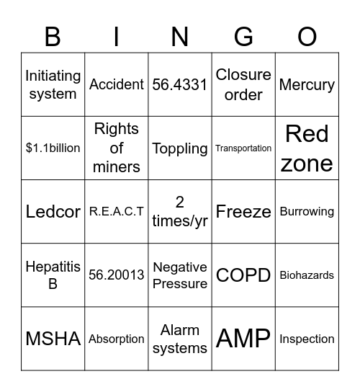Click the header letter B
pyautogui.click(x=53, y=36)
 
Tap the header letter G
pyautogui.click(x=243, y=36)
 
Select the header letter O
pyautogui.click(x=307, y=36)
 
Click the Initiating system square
pyautogui.click(x=53, y=84)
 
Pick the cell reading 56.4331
pyautogui.click(x=180, y=84)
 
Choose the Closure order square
pyautogui.click(x=243, y=84)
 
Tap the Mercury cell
pyautogui.click(x=307, y=84)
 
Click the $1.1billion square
pyautogui.click(x=53, y=148)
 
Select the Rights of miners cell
pyautogui.click(x=117, y=148)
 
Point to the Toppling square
pyautogui.click(x=180, y=148)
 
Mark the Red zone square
pyautogui.click(x=307, y=148)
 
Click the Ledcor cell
pyautogui.click(x=53, y=211)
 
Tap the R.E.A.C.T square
pyautogui.click(x=117, y=211)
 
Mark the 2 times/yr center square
pyautogui.click(x=180, y=211)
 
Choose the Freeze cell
pyautogui.click(x=243, y=211)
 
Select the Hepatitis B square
pyautogui.click(x=53, y=275)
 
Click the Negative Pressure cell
pyautogui.click(x=180, y=275)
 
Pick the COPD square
pyautogui.click(x=243, y=275)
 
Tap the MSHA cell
pyautogui.click(x=53, y=338)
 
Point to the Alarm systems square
pyautogui.click(x=180, y=338)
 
